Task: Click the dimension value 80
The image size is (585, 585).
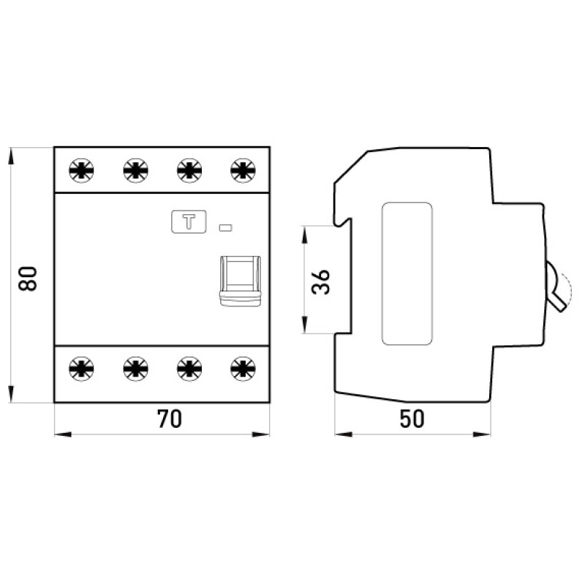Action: click(x=28, y=279)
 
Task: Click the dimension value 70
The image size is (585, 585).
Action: click(x=170, y=418)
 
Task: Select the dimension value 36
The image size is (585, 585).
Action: click(x=321, y=282)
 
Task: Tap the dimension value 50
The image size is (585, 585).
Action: click(x=412, y=418)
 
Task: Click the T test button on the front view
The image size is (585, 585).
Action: click(x=189, y=222)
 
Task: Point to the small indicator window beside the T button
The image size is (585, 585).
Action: click(x=225, y=227)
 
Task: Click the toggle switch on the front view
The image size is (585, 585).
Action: click(x=240, y=281)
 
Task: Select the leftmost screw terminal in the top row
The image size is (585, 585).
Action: click(x=81, y=170)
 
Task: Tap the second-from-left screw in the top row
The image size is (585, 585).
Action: click(x=135, y=170)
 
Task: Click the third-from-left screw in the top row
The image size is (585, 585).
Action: click(x=189, y=170)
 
